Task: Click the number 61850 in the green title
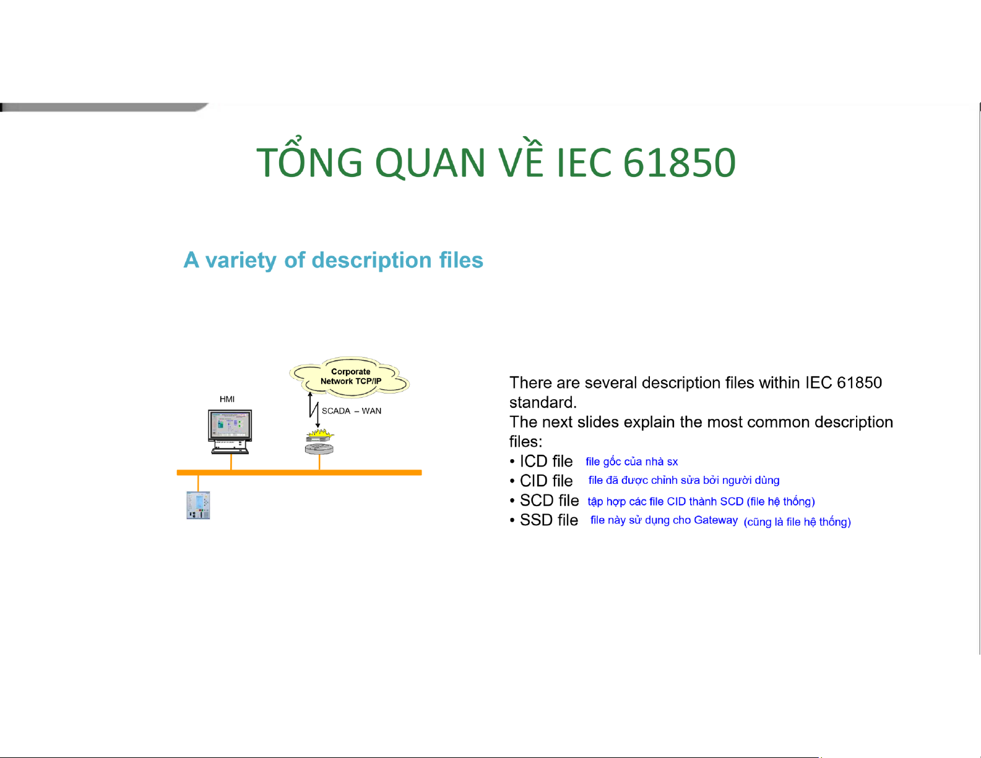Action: click(x=680, y=162)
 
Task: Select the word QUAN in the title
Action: click(x=430, y=162)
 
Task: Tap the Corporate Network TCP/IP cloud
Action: click(x=350, y=377)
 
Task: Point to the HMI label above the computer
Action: click(x=227, y=399)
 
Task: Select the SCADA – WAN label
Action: click(x=351, y=411)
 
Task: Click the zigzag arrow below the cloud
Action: click(x=314, y=410)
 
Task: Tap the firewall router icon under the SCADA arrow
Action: click(x=319, y=442)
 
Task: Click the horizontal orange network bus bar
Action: click(x=299, y=472)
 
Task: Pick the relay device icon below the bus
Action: click(x=198, y=506)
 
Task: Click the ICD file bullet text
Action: click(x=546, y=462)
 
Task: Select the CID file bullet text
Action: click(x=546, y=481)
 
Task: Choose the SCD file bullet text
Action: click(x=549, y=501)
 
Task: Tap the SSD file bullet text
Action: click(x=548, y=520)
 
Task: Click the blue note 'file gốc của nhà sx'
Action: click(x=631, y=462)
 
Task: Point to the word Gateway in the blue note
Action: click(x=715, y=520)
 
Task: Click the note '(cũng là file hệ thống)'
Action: click(x=797, y=522)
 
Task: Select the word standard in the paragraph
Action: click(x=542, y=402)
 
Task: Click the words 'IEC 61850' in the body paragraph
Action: click(x=844, y=382)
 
